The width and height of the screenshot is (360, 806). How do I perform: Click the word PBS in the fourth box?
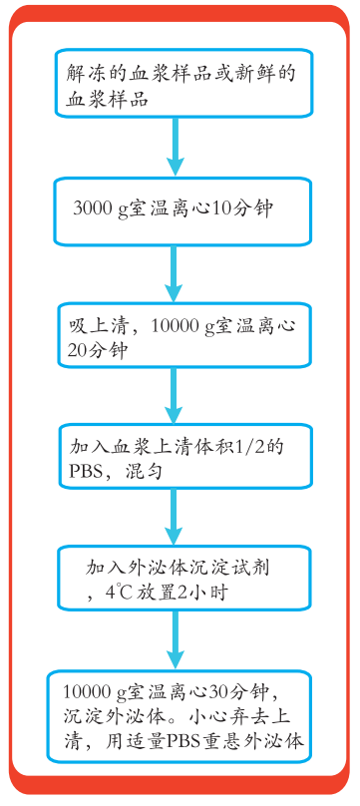point(86,471)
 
